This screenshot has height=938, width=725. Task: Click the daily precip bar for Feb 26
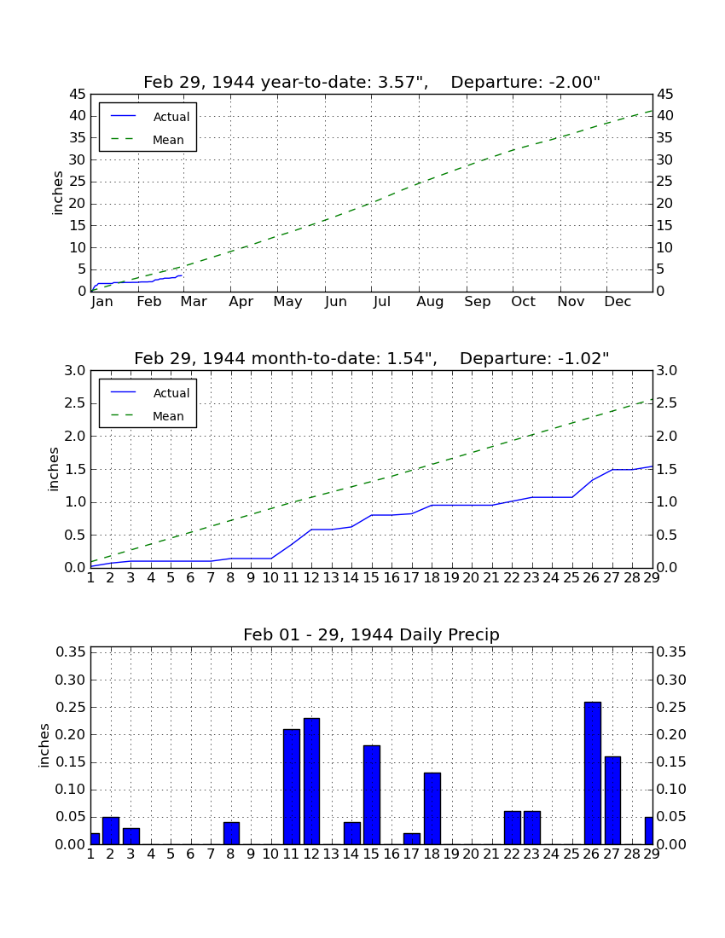pyautogui.click(x=593, y=773)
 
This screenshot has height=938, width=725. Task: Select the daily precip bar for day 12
pyautogui.click(x=311, y=781)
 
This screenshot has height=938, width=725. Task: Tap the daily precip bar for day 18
pyautogui.click(x=432, y=808)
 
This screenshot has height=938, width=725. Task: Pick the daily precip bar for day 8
pyautogui.click(x=231, y=833)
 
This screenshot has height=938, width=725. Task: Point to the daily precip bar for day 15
pyautogui.click(x=372, y=795)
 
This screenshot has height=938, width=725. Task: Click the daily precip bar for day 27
pyautogui.click(x=612, y=801)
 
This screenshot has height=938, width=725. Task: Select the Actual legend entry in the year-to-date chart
pyautogui.click(x=150, y=117)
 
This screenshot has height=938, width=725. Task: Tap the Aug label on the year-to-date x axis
pyautogui.click(x=430, y=302)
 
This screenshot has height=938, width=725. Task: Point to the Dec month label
pyautogui.click(x=618, y=302)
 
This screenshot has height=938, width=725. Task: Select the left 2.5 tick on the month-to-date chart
pyautogui.click(x=75, y=403)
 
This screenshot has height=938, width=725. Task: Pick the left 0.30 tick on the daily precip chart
pyautogui.click(x=70, y=680)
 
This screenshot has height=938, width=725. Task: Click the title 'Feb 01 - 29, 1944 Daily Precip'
pyautogui.click(x=371, y=634)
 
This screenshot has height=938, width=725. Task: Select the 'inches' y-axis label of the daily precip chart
pyautogui.click(x=44, y=745)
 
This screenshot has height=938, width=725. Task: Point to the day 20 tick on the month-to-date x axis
pyautogui.click(x=471, y=578)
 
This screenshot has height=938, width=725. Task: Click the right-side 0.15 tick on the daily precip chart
pyautogui.click(x=671, y=762)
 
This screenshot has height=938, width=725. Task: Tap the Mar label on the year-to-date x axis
pyautogui.click(x=194, y=302)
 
